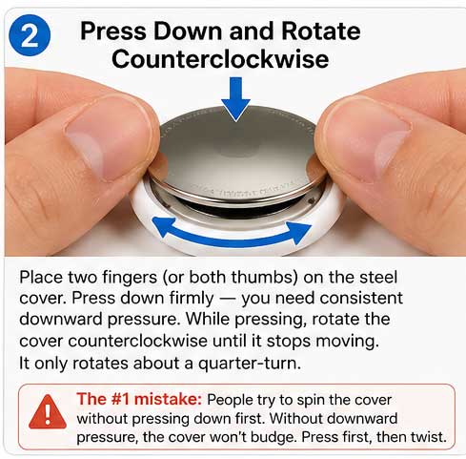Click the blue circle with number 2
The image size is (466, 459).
pos(30,35)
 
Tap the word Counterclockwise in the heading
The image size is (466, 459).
pos(220,59)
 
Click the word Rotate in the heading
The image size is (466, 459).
pos(321,31)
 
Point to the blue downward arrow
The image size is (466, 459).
pos(235,98)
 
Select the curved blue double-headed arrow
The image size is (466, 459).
pos(232,237)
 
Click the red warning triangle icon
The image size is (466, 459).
pos(48,412)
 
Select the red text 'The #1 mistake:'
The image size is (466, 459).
pos(139,399)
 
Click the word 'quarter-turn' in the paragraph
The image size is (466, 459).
pos(249,363)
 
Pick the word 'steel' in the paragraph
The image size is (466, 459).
pos(378,277)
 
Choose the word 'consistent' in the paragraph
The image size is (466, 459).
pos(361,298)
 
